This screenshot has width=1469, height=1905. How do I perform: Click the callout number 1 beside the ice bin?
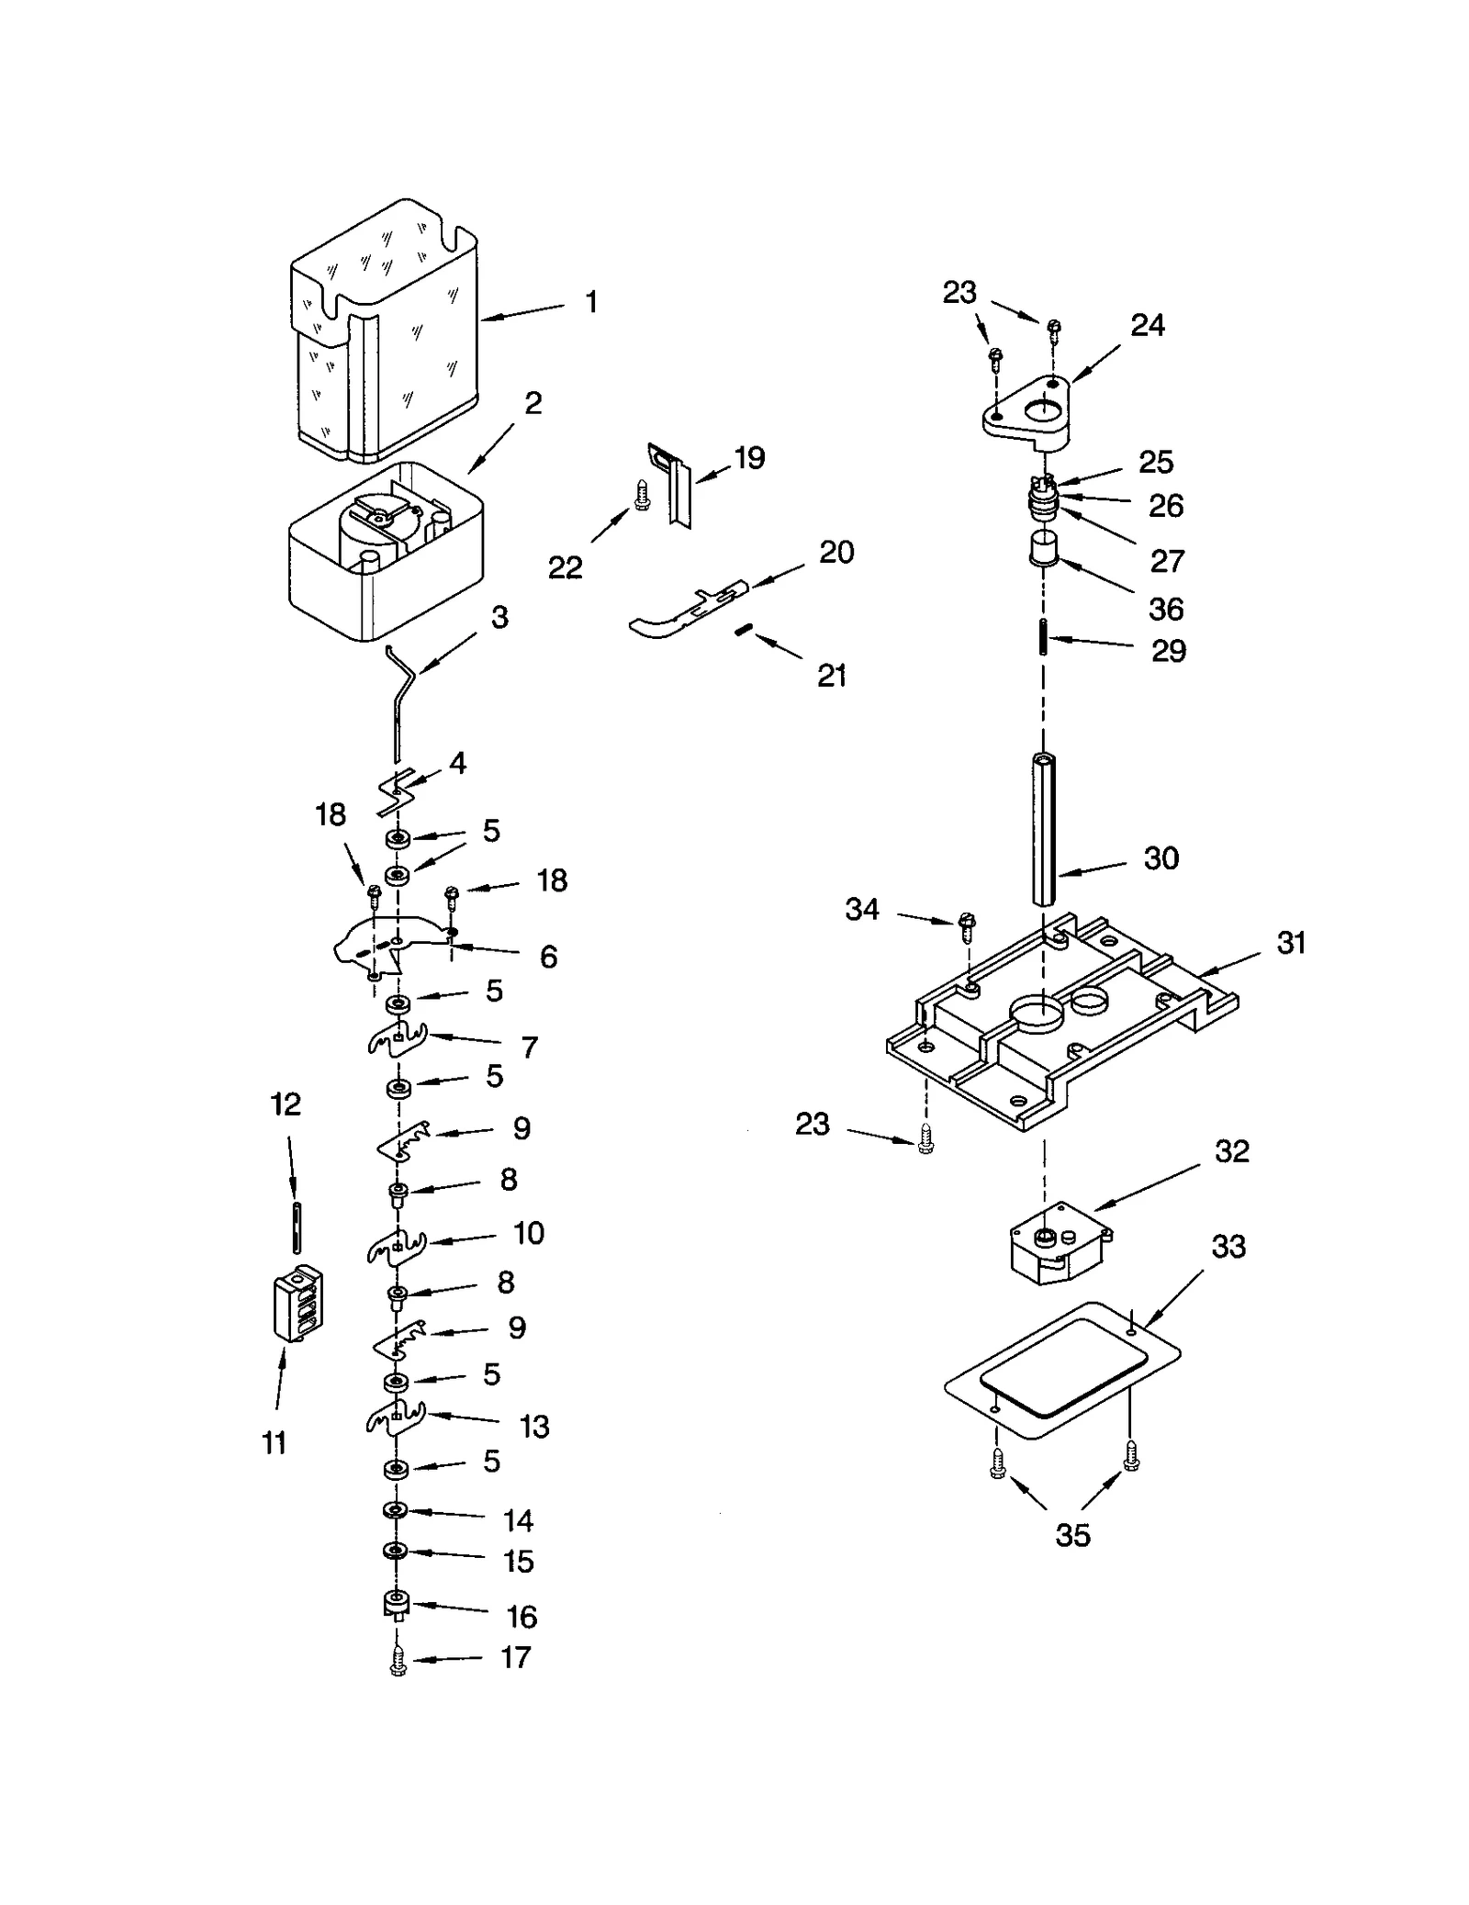[x=591, y=301]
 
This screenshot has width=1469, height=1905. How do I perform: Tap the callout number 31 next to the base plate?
[x=1290, y=942]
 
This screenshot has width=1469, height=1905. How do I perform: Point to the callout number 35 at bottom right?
[x=1072, y=1534]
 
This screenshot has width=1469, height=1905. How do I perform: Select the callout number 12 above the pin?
[x=286, y=1104]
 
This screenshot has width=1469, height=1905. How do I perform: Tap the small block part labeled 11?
[x=297, y=1304]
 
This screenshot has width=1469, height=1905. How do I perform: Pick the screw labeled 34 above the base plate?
[x=966, y=925]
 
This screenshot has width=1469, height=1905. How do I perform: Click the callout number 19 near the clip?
[x=749, y=456]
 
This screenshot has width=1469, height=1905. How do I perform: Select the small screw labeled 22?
[x=642, y=498]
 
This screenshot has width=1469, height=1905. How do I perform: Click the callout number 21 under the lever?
[x=831, y=675]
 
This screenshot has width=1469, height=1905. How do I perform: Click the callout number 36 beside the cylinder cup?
[x=1166, y=608]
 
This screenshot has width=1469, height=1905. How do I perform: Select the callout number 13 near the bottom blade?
[x=533, y=1426]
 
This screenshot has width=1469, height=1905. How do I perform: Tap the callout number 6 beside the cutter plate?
[x=548, y=957]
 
